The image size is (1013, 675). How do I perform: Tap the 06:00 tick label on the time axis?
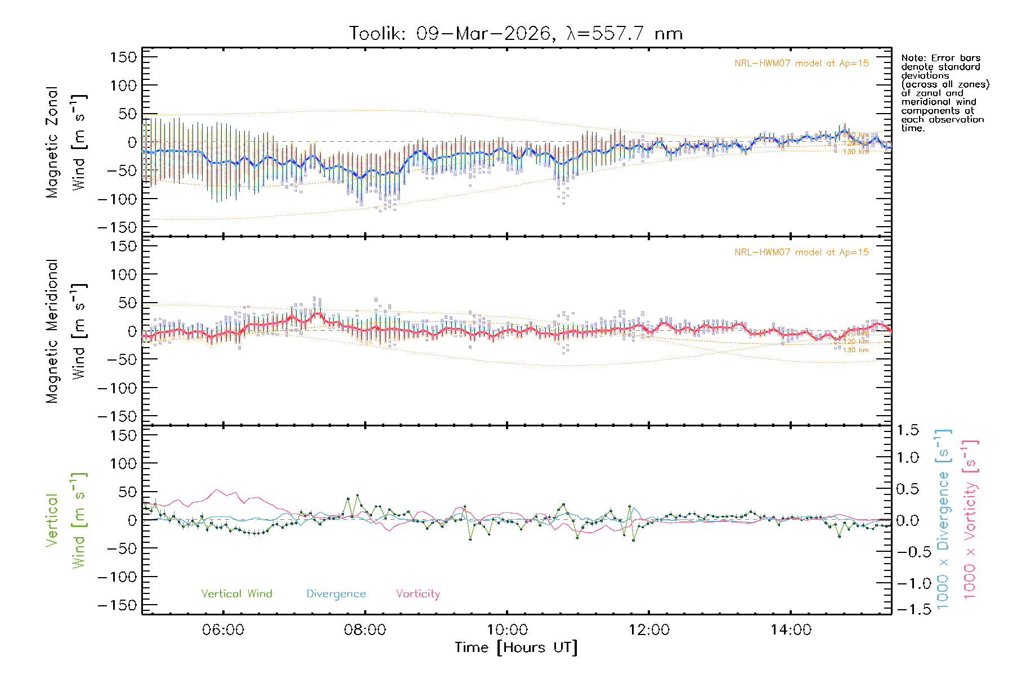(223, 630)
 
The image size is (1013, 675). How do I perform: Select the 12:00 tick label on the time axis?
(649, 630)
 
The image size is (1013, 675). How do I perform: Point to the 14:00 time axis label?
(791, 630)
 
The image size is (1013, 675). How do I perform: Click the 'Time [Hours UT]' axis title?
(516, 648)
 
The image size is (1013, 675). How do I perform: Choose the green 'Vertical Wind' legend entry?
(236, 594)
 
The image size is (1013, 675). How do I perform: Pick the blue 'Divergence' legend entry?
(336, 594)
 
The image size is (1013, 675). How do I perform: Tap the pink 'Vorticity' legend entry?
(418, 594)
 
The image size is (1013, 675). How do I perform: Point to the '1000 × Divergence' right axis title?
(943, 520)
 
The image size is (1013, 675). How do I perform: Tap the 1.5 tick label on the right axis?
(908, 430)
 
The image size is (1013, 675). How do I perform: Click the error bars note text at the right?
(944, 93)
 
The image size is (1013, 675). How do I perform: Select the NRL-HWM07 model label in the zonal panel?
(801, 64)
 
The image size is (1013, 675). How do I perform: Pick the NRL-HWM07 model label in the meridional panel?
(801, 253)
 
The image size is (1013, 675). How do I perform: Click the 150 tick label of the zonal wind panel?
(124, 57)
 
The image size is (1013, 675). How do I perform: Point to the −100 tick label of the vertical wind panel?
(118, 577)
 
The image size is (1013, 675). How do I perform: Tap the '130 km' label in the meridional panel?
(855, 350)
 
